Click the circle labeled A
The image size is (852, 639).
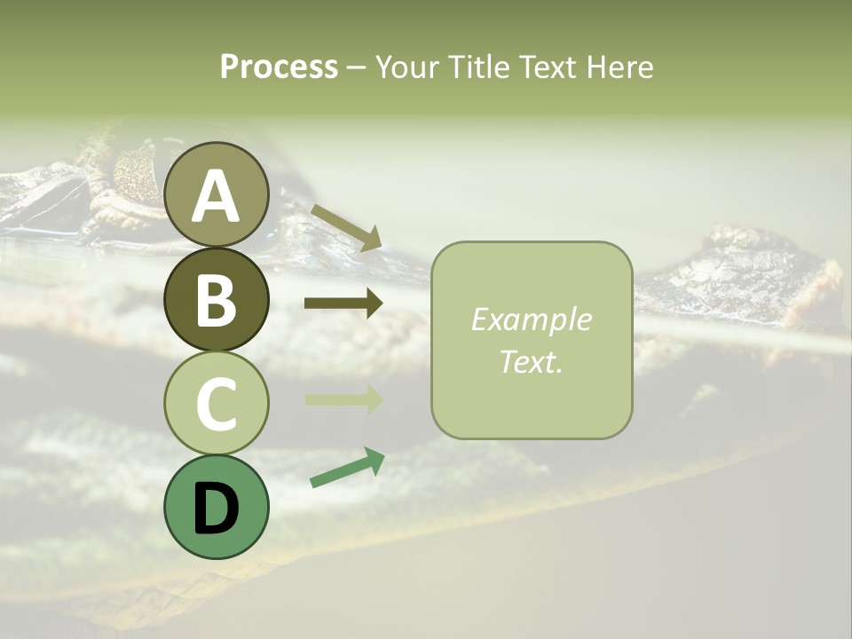[217, 194]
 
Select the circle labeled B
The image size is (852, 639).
[217, 299]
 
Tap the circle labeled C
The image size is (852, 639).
[217, 403]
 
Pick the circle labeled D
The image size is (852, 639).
[217, 507]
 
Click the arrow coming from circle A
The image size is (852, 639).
[346, 226]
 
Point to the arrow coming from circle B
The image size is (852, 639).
[343, 304]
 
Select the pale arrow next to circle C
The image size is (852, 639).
[343, 399]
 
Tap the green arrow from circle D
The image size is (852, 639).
[347, 468]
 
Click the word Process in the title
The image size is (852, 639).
[279, 67]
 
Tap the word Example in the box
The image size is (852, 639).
[531, 319]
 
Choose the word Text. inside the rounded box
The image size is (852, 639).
[531, 361]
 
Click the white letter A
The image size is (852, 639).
[217, 196]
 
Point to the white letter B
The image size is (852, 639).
[217, 300]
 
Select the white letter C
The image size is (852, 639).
[217, 404]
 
